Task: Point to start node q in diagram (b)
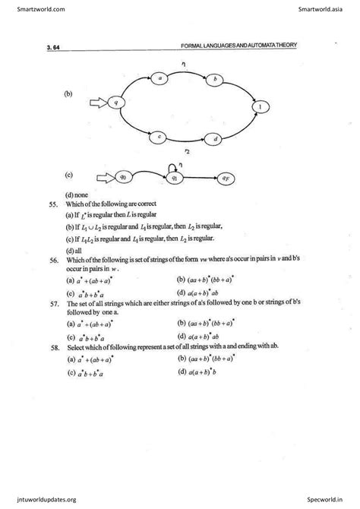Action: (116, 102)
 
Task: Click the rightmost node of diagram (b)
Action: (261, 108)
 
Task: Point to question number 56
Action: (50, 260)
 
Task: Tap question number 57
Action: (50, 303)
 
